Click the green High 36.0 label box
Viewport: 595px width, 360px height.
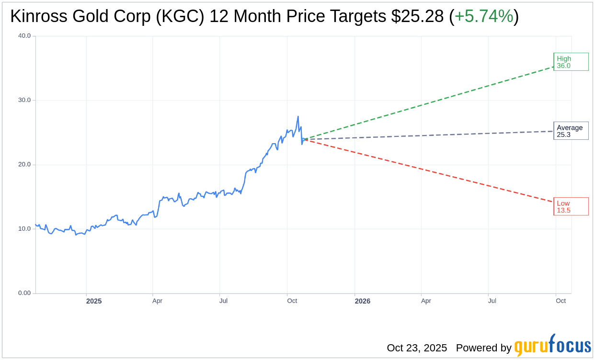[571, 62]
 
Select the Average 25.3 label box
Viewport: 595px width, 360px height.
[571, 131]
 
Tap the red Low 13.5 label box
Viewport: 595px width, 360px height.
[571, 206]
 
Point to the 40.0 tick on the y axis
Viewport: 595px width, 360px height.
[24, 35]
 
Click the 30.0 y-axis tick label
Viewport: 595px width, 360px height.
[24, 100]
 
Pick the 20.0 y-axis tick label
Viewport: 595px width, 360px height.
[24, 164]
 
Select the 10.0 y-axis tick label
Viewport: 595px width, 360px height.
[24, 229]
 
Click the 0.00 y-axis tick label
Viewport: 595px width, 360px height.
[24, 293]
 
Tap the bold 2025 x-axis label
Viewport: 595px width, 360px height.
[94, 301]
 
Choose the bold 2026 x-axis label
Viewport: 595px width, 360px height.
[363, 301]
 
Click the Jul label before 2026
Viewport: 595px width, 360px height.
[223, 301]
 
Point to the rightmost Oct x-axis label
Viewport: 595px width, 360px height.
[561, 301]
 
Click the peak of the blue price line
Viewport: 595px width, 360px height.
[298, 116]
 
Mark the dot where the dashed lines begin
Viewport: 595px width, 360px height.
[305, 139]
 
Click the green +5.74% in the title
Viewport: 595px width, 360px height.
[483, 16]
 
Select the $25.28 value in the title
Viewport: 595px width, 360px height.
[417, 16]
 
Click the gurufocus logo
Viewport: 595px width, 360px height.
[552, 346]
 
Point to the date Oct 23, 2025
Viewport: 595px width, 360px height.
[417, 348]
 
